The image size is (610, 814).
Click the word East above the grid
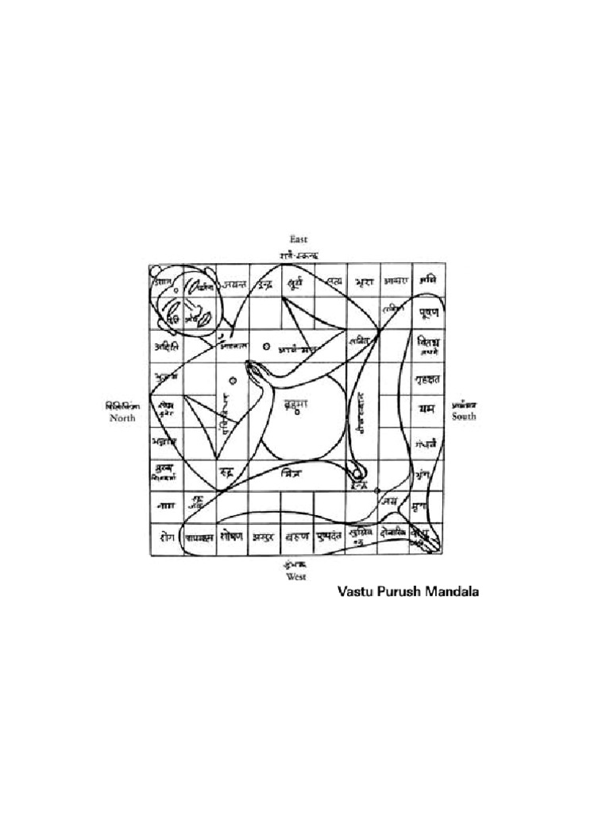click(299, 238)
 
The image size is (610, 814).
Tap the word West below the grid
click(296, 577)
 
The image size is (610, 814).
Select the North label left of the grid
click(123, 417)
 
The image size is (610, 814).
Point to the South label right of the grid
click(465, 416)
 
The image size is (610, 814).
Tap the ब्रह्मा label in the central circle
click(297, 405)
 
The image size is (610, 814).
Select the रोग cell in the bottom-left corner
click(165, 537)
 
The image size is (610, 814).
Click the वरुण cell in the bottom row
click(297, 537)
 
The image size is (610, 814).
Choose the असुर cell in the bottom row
click(264, 537)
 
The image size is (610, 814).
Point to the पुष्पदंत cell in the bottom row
click(329, 537)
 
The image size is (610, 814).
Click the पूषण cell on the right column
click(428, 312)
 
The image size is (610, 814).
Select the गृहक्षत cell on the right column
click(428, 378)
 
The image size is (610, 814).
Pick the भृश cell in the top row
click(363, 281)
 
